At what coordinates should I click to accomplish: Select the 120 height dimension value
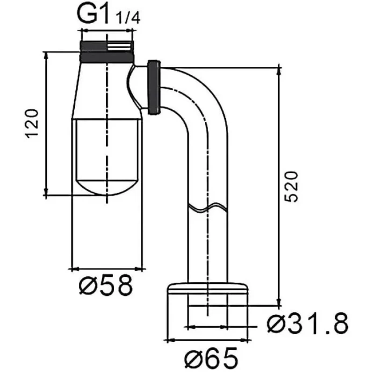(x=31, y=123)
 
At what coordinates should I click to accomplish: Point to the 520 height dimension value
(x=291, y=187)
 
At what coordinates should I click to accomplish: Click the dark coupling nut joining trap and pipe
(x=154, y=87)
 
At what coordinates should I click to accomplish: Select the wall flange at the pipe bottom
(x=208, y=288)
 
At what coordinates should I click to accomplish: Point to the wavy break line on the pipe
(x=208, y=208)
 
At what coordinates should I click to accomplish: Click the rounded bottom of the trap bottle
(x=107, y=187)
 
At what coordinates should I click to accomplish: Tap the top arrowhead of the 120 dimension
(x=46, y=56)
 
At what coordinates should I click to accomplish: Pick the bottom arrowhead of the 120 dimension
(x=46, y=191)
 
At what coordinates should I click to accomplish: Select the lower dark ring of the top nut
(x=107, y=58)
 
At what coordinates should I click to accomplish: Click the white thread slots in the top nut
(x=119, y=46)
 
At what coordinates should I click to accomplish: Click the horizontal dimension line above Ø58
(x=107, y=270)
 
